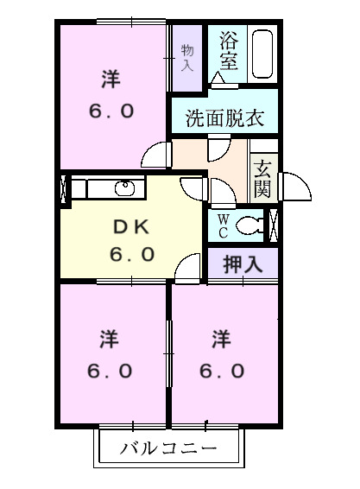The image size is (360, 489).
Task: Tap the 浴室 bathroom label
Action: [x=228, y=50]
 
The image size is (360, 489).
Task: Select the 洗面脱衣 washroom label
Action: [x=224, y=118]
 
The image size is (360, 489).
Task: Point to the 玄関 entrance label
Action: [x=262, y=177]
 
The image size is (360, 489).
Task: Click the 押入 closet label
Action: [x=243, y=264]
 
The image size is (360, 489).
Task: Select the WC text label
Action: [x=221, y=226]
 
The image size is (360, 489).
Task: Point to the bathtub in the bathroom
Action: [x=262, y=56]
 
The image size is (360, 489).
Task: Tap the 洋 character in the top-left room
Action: [x=110, y=79]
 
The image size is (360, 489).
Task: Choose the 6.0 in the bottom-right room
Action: [x=222, y=372]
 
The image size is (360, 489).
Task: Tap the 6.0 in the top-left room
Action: [x=110, y=112]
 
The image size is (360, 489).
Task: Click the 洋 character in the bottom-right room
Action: [x=222, y=337]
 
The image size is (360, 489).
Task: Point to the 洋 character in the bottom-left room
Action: [x=109, y=337]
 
